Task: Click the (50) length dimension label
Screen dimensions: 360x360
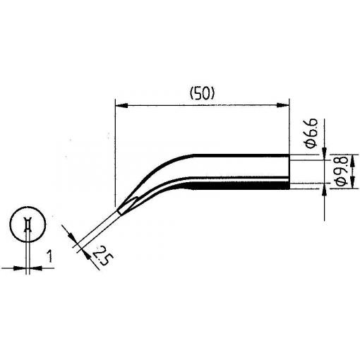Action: click(x=203, y=94)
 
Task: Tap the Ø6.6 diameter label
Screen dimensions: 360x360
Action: click(x=312, y=133)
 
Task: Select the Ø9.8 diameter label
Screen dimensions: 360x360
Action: click(x=342, y=171)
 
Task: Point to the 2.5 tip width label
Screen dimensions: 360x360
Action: click(x=103, y=256)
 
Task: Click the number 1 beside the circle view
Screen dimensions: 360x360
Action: click(x=49, y=256)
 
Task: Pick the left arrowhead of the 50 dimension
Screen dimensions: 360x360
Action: click(x=121, y=106)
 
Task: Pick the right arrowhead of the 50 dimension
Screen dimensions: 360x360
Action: click(x=282, y=105)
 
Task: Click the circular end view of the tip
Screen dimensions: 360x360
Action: click(x=28, y=224)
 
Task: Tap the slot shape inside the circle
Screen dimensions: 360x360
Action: click(x=28, y=224)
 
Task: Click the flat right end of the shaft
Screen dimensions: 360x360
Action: click(x=289, y=172)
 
